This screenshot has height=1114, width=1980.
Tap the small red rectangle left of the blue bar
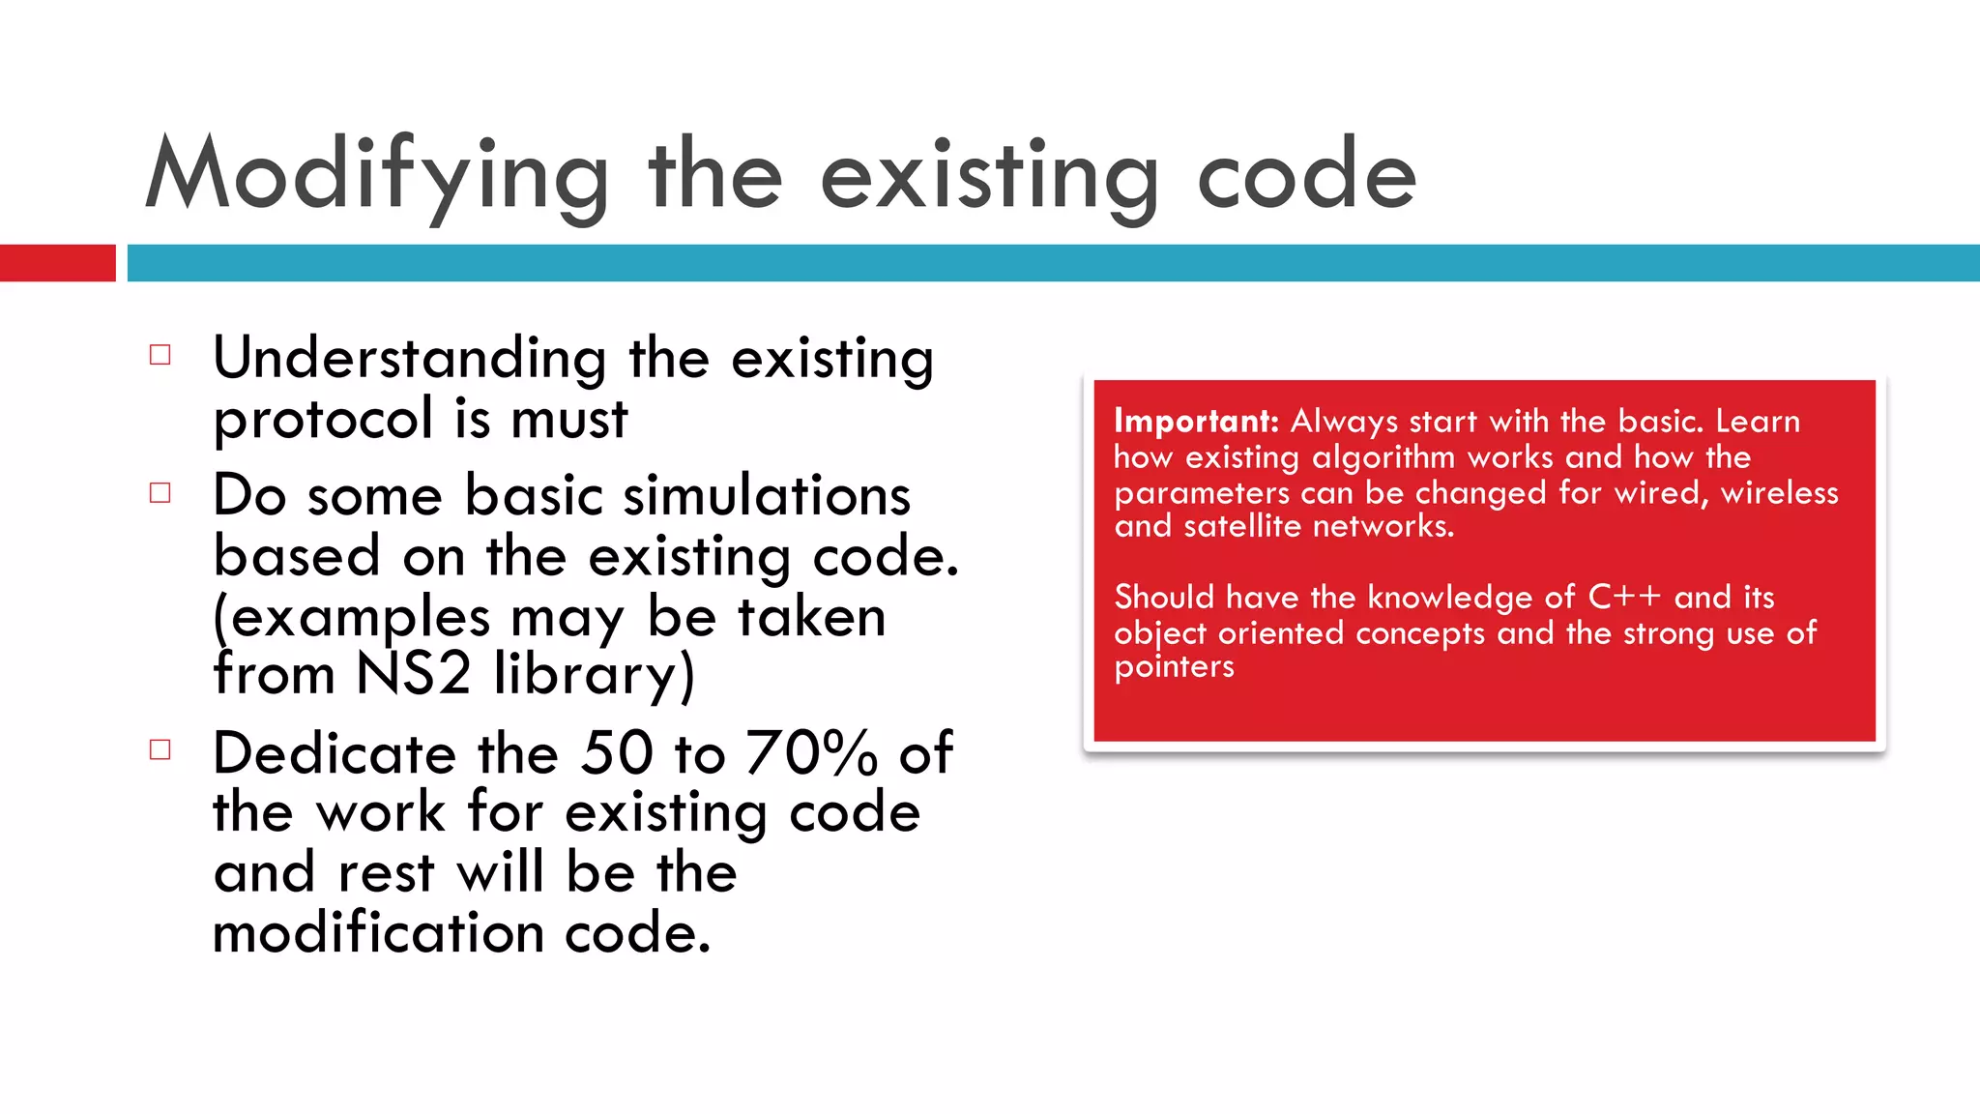pos(58,263)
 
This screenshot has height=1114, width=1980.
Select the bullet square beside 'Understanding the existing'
pos(160,355)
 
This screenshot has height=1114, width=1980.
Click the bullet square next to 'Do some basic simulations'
pos(160,493)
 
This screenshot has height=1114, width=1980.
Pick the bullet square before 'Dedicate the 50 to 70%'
pos(160,749)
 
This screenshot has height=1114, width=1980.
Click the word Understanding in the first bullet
pos(409,360)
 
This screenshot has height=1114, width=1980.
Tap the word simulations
pos(767,496)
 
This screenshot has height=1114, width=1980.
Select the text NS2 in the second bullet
pos(413,674)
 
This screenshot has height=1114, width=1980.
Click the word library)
pos(594,676)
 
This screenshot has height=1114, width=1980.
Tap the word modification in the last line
pos(378,933)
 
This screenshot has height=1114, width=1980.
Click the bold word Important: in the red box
pos(1196,422)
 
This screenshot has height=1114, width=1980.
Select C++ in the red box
pos(1624,598)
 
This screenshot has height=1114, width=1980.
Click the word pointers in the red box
pos(1174,667)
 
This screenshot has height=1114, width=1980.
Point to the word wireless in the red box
pos(1779,493)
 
